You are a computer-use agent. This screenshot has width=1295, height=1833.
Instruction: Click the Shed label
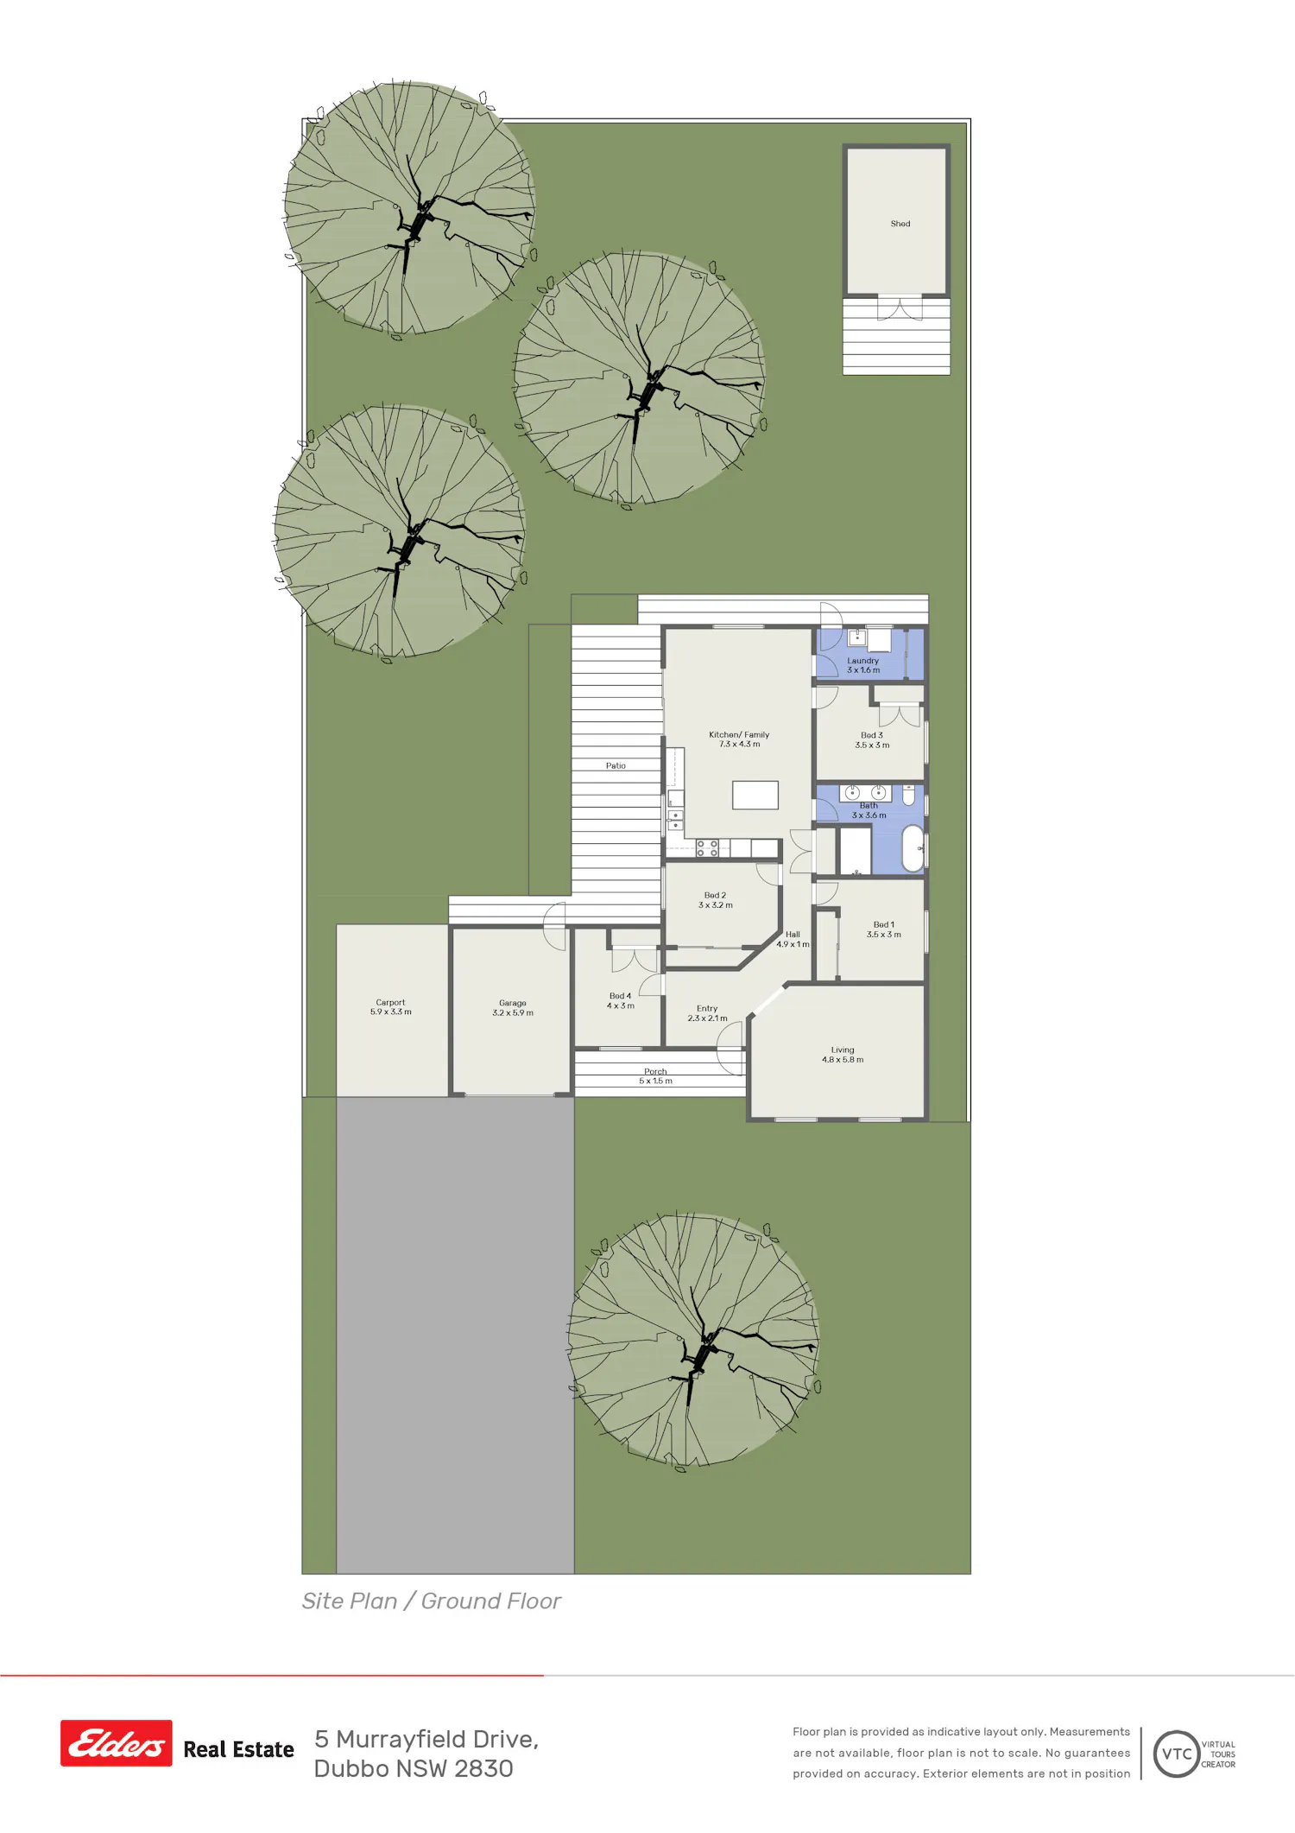(900, 224)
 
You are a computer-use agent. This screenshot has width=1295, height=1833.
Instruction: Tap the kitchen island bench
(755, 795)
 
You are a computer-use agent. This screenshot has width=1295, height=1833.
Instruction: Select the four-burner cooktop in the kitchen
(707, 848)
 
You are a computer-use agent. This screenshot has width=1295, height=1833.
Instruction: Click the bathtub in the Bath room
(913, 849)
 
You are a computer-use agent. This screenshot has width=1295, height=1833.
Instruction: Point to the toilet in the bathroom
(909, 795)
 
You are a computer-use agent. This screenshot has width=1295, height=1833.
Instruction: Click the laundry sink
(857, 638)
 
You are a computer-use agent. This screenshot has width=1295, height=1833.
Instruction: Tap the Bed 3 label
(872, 735)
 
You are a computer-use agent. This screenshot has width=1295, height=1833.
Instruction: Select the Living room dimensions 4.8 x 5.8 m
(843, 1060)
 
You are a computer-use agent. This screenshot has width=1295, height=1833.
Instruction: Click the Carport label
(390, 1003)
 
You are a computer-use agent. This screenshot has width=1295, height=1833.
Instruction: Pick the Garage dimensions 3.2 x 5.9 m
(513, 1013)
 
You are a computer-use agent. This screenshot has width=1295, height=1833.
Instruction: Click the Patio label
(616, 766)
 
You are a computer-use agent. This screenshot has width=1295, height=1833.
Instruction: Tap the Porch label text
(655, 1072)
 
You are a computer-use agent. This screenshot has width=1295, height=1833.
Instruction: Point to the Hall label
(793, 935)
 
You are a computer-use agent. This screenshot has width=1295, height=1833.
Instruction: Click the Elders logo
(117, 1743)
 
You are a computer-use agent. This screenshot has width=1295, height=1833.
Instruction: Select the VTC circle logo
(1177, 1754)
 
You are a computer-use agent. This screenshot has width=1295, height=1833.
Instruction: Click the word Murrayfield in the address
(437, 1740)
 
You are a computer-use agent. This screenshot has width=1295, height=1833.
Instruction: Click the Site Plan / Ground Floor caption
(431, 1601)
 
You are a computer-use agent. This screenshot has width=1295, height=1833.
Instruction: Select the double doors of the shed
(900, 308)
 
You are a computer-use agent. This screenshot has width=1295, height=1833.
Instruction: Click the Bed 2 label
(715, 896)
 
